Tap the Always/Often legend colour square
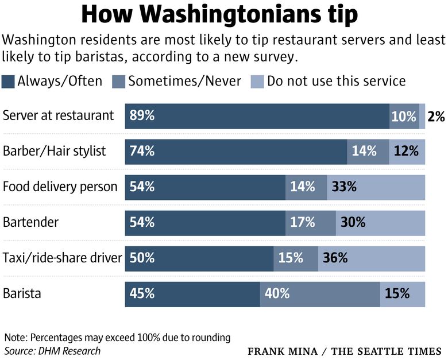click(x=9, y=81)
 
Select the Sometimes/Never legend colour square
click(x=119, y=81)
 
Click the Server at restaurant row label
click(x=59, y=115)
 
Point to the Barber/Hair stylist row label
click(x=55, y=152)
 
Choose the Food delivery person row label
click(x=60, y=187)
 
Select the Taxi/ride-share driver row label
click(x=62, y=258)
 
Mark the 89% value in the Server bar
click(x=142, y=116)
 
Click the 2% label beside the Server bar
click(x=436, y=117)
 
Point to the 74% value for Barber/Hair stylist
click(x=142, y=152)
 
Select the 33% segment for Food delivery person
click(x=376, y=187)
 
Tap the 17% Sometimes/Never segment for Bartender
click(x=310, y=223)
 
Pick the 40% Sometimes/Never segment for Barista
click(x=319, y=293)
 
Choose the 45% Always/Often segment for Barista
click(x=192, y=293)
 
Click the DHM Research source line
click(x=52, y=350)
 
